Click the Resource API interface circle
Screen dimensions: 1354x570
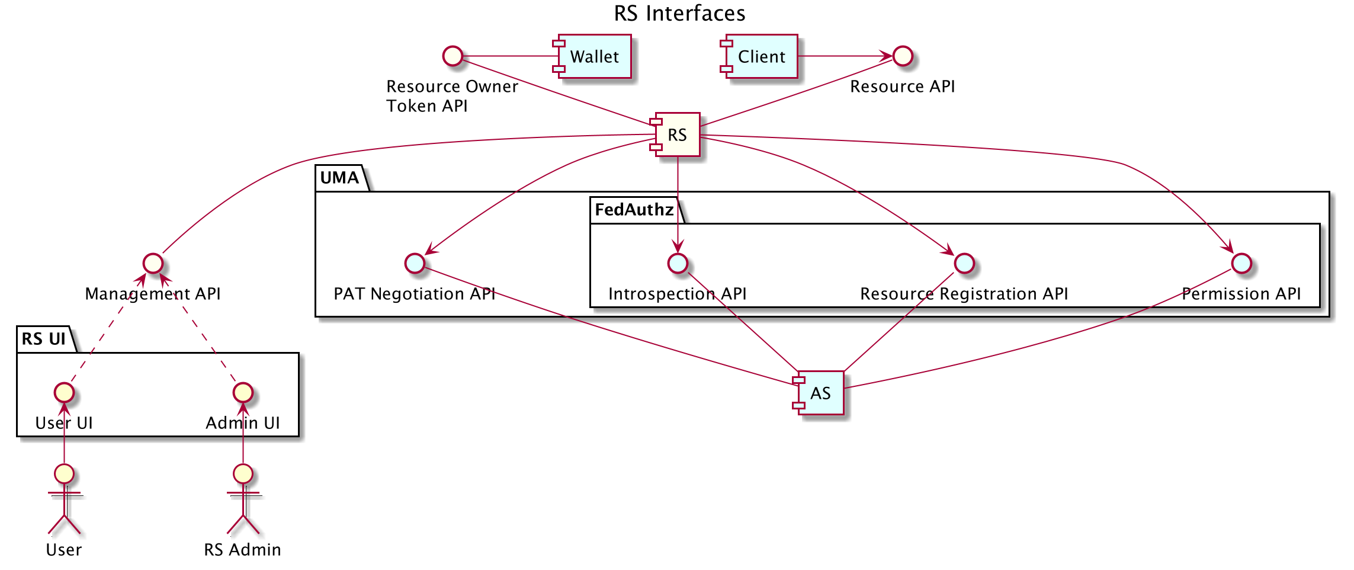pyautogui.click(x=902, y=56)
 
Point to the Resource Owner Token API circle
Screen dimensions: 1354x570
pyautogui.click(x=453, y=56)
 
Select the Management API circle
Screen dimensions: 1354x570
pyautogui.click(x=153, y=263)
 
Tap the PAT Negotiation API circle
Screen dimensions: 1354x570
pyautogui.click(x=415, y=263)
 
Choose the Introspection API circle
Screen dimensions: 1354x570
pyautogui.click(x=678, y=263)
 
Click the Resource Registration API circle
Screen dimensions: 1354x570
pyautogui.click(x=964, y=263)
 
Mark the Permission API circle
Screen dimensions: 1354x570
pyautogui.click(x=1241, y=263)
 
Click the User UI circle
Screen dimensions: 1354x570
pyautogui.click(x=64, y=392)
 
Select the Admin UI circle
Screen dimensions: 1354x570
pyautogui.click(x=243, y=392)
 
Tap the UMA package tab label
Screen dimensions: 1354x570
pyautogui.click(x=339, y=178)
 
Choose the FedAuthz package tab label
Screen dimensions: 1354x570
pyautogui.click(x=634, y=210)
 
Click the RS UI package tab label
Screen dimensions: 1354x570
pyautogui.click(x=44, y=339)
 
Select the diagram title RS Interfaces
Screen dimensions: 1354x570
pyautogui.click(x=679, y=13)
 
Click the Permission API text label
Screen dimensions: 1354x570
pyautogui.click(x=1241, y=294)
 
